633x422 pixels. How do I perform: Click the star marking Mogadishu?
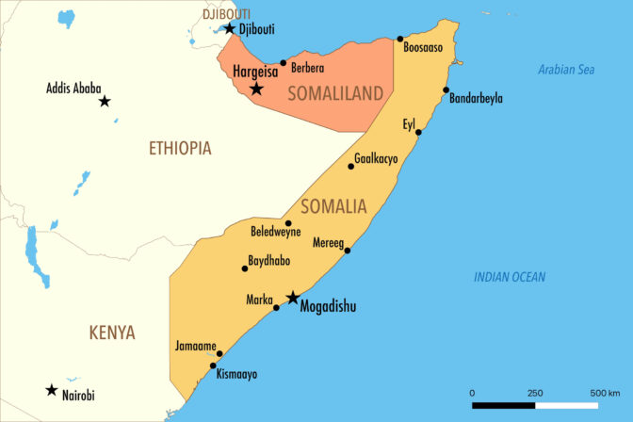292,298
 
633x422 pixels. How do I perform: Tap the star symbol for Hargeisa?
256,89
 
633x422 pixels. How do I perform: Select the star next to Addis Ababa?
105,101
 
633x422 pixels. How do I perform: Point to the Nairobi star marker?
51,389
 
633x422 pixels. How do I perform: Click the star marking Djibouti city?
229,28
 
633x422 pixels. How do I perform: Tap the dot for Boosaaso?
400,39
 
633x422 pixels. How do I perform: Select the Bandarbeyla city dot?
446,90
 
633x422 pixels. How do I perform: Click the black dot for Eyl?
418,132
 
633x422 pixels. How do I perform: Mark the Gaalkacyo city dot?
351,166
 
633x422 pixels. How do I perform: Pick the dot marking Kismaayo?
214,365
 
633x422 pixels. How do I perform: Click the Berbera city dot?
283,63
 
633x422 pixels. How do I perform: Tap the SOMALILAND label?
336,92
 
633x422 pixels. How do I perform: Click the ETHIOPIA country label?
180,148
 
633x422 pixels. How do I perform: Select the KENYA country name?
112,333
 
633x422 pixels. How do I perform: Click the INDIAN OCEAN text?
510,277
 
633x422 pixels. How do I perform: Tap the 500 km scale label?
604,393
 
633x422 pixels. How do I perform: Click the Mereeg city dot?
348,250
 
